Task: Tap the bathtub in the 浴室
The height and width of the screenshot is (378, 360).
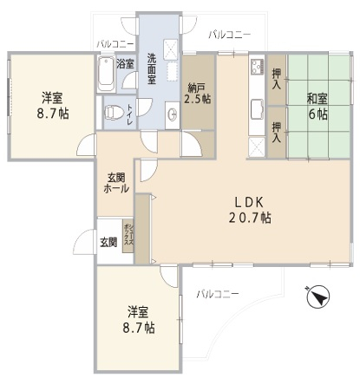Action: click(106, 74)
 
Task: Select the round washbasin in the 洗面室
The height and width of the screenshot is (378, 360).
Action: click(173, 114)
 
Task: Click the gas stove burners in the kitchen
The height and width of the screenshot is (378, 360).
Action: click(258, 67)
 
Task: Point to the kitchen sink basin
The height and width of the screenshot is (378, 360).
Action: click(257, 109)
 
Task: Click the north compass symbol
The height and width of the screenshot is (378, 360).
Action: click(317, 297)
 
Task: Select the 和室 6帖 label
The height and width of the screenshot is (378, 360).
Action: click(317, 107)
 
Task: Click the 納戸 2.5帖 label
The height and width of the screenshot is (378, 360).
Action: click(198, 94)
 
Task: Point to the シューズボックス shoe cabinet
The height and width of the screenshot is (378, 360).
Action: click(128, 237)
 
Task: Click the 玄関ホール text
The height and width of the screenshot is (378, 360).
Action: click(116, 183)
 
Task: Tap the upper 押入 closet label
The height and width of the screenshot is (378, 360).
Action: click(277, 79)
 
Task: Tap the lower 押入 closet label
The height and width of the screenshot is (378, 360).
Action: click(277, 133)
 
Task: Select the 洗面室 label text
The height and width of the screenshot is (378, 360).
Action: click(152, 68)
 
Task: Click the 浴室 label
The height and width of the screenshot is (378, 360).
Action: click(126, 64)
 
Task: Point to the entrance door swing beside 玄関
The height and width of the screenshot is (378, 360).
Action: click(83, 242)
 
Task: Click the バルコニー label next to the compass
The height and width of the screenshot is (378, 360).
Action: click(218, 295)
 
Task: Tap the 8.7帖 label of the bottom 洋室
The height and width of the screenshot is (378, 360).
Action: click(139, 328)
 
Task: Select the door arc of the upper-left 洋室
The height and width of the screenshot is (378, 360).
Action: click(86, 145)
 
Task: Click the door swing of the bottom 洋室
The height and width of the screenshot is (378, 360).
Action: click(169, 276)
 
